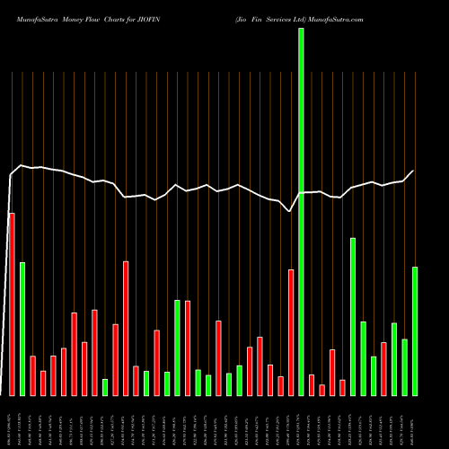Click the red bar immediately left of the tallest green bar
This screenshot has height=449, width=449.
[x=291, y=332]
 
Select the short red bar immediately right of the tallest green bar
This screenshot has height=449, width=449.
[x=312, y=384]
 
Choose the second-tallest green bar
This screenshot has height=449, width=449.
[x=353, y=316]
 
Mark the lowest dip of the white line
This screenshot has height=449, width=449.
[x=289, y=211]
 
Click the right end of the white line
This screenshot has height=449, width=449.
[x=414, y=172]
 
